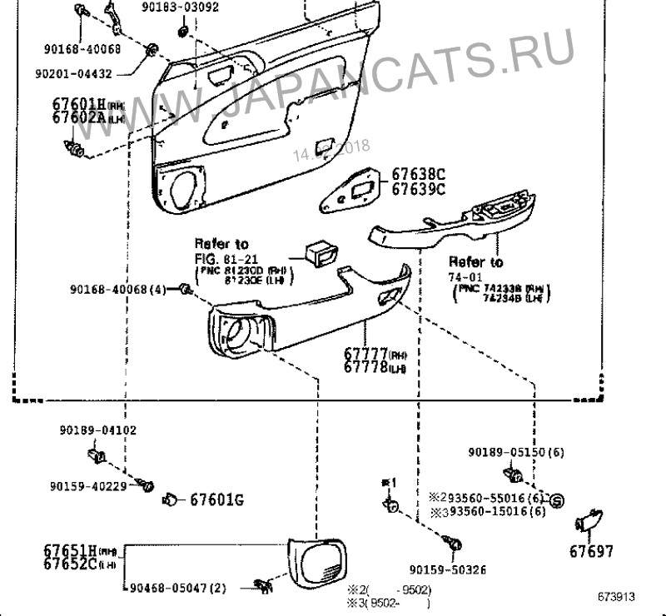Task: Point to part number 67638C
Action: tap(419, 174)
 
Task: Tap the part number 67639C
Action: tap(419, 188)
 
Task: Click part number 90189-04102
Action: tap(97, 430)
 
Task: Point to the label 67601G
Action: tap(216, 499)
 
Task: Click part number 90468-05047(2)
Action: tap(178, 588)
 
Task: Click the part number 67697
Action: tap(591, 551)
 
